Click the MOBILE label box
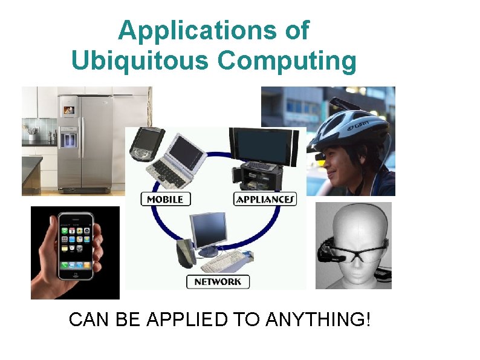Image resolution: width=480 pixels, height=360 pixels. point(166,199)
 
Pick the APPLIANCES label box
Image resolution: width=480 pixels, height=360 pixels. point(265,199)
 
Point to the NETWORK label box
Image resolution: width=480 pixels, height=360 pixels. point(218,281)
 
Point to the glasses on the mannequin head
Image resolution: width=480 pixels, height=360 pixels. point(357,250)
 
